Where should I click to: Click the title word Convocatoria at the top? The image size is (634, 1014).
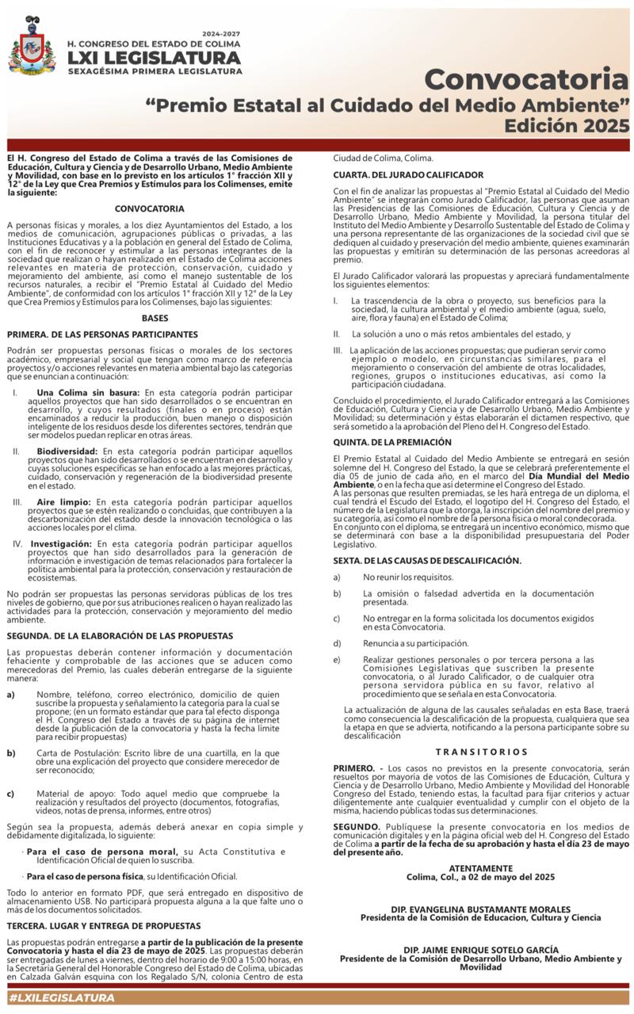[x=526, y=79]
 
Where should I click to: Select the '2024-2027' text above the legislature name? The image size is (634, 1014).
[x=221, y=34]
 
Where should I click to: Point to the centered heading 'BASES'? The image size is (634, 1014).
[x=155, y=318]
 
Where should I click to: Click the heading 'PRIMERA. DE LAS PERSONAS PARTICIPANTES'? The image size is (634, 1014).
[x=102, y=335]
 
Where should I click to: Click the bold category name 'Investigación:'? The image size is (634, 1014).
[x=62, y=544]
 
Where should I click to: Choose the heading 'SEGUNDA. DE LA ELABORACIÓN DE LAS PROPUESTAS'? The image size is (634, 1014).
[x=120, y=636]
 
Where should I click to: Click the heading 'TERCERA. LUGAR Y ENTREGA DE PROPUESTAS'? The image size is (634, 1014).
[x=116, y=925]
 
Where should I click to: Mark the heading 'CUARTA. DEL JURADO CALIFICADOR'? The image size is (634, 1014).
[x=408, y=174]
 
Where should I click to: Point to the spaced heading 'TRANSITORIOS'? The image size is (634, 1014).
[x=481, y=752]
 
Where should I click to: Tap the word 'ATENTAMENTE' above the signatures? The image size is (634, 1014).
[x=481, y=868]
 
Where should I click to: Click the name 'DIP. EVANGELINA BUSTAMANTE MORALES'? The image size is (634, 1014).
[x=480, y=909]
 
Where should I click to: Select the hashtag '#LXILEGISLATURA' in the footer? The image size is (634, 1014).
[x=62, y=997]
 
